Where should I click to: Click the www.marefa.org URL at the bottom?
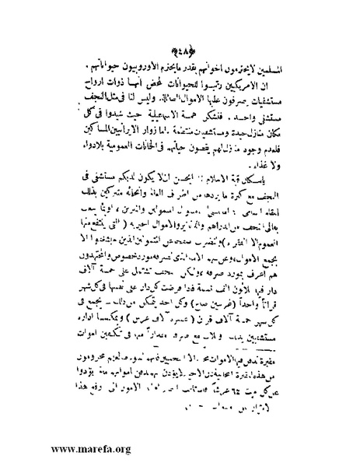coord(69,449)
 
